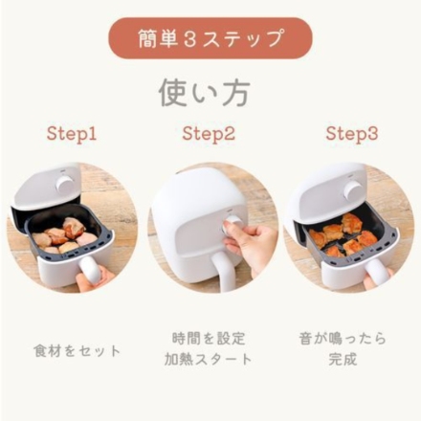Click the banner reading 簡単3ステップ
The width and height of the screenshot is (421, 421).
210,38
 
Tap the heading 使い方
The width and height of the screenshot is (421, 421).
204,92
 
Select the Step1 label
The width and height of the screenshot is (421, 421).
72,134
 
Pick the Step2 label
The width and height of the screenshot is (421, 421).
209,134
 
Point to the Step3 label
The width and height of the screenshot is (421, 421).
351,134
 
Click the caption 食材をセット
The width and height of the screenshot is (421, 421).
78,350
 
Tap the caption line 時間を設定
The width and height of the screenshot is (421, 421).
208,338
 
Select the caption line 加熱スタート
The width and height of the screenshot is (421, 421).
208,360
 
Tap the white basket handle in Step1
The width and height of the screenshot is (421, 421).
90,273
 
